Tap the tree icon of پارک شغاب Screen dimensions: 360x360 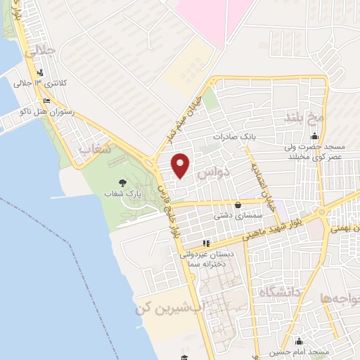click(123, 182)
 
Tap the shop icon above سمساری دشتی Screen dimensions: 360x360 click(238, 205)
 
